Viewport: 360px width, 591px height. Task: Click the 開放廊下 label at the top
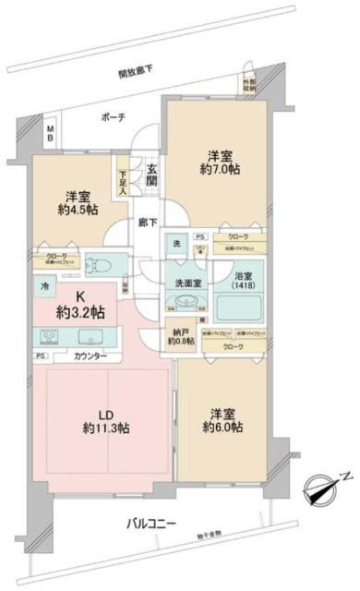point(135,72)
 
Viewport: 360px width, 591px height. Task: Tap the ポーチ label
point(114,117)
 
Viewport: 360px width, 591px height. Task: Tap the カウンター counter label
point(90,356)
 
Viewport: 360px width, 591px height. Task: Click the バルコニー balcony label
point(153,525)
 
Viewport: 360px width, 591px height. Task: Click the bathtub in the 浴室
point(241,309)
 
